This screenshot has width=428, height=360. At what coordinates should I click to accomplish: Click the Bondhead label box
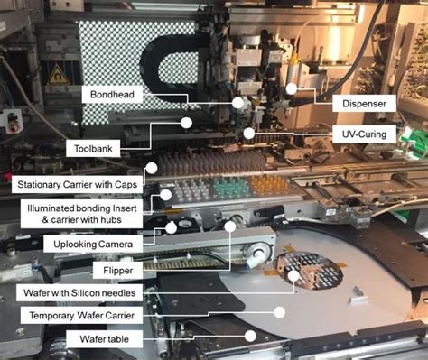point(112,95)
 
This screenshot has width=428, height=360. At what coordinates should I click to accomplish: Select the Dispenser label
point(364,104)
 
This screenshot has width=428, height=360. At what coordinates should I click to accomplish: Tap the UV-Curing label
point(364,134)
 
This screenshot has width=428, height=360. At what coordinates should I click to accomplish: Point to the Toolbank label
point(93,148)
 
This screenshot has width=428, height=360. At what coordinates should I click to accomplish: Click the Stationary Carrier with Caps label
point(77,184)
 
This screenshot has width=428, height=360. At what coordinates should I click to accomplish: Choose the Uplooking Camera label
point(93,244)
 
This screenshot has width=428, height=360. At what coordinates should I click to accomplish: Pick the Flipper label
point(117,271)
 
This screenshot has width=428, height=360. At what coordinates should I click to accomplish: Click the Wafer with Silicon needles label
point(79,292)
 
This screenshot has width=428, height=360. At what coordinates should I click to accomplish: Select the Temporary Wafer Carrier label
point(81,315)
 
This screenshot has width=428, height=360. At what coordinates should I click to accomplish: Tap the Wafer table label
point(104,339)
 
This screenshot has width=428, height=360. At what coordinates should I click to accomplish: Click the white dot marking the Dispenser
point(291,88)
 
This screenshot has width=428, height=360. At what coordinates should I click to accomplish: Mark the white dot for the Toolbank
point(186,123)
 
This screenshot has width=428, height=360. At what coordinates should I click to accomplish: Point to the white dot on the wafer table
point(250,336)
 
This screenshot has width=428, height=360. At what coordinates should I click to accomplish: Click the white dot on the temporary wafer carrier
point(280,312)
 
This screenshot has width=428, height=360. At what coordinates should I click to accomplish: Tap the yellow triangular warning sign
point(58,77)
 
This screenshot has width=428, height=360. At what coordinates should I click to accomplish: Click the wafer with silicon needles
point(309,271)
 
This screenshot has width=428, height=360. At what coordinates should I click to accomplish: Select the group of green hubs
point(231,187)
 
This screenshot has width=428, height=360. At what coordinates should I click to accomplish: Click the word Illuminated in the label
point(51,208)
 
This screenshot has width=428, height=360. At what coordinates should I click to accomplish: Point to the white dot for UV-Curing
point(249,134)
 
